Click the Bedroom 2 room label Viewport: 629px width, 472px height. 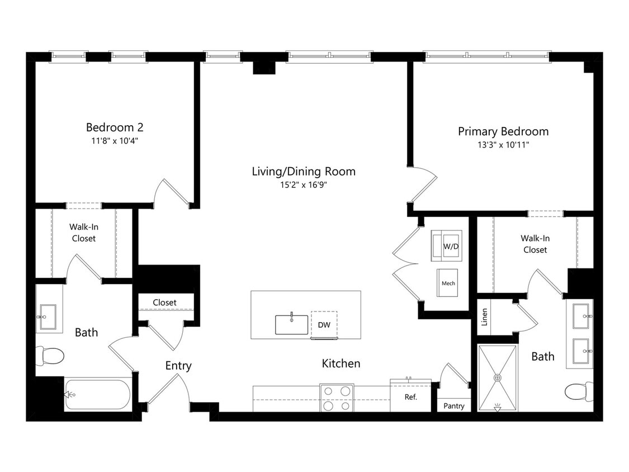(x=114, y=128)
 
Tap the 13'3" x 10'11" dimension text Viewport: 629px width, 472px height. (x=503, y=145)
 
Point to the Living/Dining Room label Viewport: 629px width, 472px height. (x=304, y=171)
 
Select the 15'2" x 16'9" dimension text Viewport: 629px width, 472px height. (x=304, y=185)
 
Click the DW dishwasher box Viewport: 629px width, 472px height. (x=324, y=325)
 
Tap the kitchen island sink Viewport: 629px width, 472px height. (x=292, y=324)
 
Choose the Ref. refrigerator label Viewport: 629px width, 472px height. (x=411, y=397)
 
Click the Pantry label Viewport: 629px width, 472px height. (x=453, y=406)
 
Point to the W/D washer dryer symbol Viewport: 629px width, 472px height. (x=447, y=246)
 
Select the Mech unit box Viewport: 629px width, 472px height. (x=447, y=283)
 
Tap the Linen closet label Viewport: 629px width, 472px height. (x=484, y=317)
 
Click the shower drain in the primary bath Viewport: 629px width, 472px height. (x=498, y=377)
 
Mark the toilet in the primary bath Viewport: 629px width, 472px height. (x=579, y=391)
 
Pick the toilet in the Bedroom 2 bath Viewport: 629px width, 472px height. (x=50, y=356)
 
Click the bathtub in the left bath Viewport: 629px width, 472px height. (x=97, y=394)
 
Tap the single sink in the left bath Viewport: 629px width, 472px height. (x=48, y=317)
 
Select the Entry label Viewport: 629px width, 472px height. (x=178, y=366)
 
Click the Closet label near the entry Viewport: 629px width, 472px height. (x=164, y=302)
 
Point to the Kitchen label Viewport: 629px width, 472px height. (x=341, y=364)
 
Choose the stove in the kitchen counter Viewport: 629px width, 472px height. (x=337, y=398)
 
